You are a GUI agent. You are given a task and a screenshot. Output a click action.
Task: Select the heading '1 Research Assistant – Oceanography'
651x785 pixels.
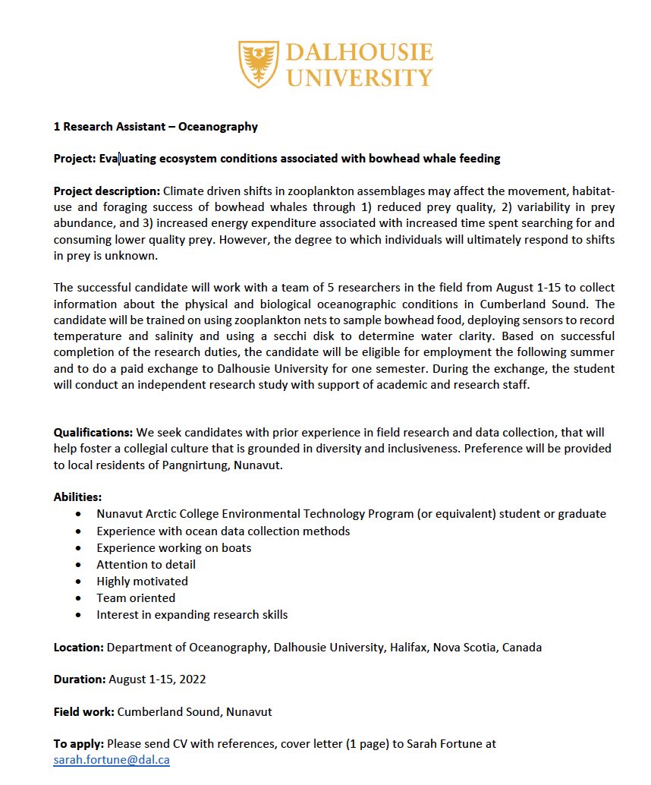(x=156, y=127)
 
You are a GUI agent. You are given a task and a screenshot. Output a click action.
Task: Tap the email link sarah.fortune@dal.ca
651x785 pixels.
(x=112, y=759)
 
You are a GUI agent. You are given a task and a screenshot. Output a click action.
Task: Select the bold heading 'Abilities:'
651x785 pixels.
(x=77, y=497)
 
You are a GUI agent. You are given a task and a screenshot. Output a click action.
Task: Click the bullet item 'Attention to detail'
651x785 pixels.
(x=146, y=564)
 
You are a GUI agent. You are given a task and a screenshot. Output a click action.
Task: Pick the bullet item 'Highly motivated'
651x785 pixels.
(x=142, y=581)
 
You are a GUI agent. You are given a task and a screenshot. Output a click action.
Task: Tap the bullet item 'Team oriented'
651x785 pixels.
(x=136, y=597)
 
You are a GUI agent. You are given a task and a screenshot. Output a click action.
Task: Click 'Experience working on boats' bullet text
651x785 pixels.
(x=174, y=547)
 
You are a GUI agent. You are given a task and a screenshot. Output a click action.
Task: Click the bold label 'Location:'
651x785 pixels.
(x=78, y=648)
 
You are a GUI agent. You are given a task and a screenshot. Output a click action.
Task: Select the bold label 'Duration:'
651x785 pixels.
(x=79, y=679)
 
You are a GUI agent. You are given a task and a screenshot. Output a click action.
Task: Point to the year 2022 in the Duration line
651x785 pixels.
(x=192, y=679)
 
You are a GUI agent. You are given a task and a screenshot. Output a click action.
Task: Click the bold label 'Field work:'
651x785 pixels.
(x=83, y=712)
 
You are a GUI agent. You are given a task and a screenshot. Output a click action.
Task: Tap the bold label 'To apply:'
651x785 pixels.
(x=79, y=744)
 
